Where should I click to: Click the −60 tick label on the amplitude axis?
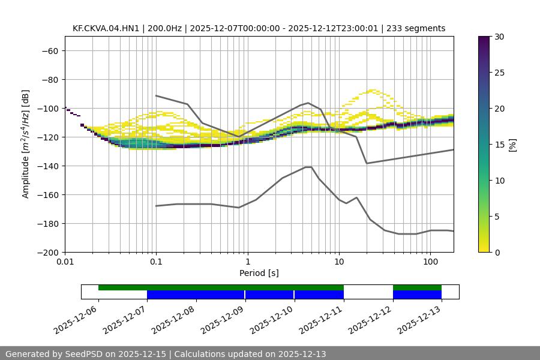pos(49,51)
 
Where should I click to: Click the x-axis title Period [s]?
pos(259,273)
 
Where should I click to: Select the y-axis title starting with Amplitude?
pos(26,144)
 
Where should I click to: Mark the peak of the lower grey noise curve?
pos(308,167)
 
